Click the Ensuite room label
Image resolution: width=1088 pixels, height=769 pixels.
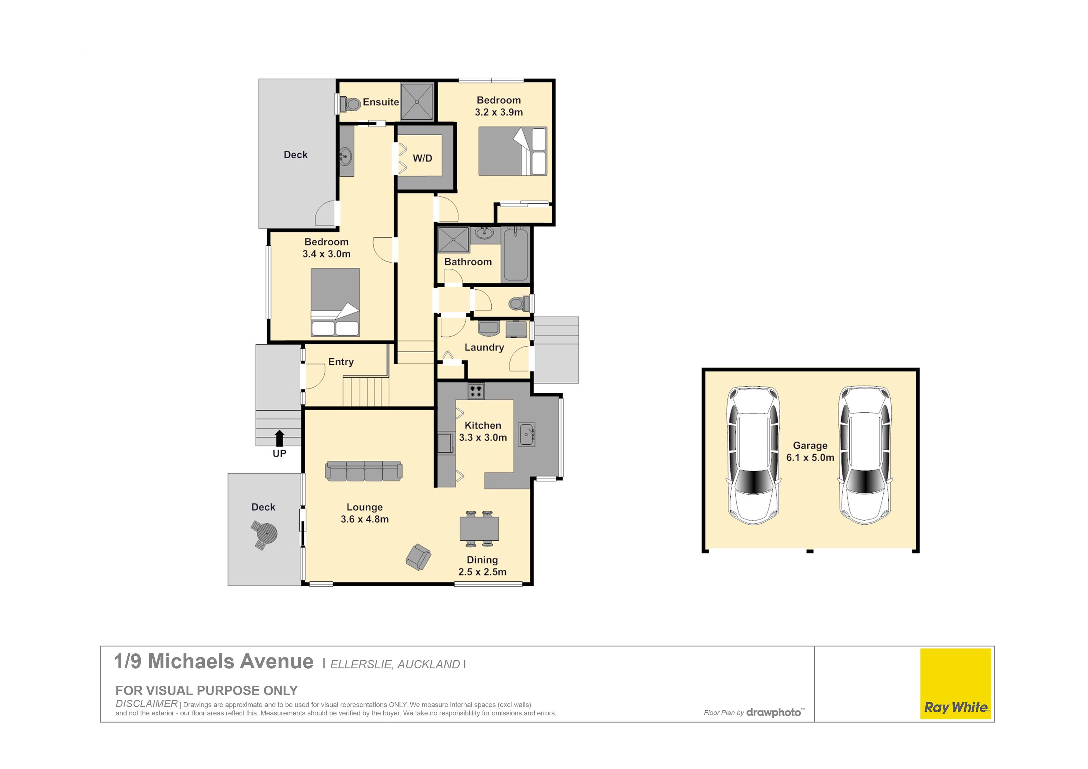coord(381,102)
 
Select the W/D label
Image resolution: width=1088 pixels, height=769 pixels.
coord(422,158)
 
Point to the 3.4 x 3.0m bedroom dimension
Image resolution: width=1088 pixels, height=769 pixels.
coord(327,254)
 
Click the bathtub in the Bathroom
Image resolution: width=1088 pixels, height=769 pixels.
coord(515,255)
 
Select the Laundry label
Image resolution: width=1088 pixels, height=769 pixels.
coord(484,347)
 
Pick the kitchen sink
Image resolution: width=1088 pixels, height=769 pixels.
coord(526,434)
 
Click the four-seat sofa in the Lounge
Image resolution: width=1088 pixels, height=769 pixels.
coord(364,471)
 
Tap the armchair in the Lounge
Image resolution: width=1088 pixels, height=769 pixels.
coord(418,557)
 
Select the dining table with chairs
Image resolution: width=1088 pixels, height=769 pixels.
coord(479,529)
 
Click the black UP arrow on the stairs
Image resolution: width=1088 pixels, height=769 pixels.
coord(279,438)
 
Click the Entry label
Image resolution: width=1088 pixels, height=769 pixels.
coord(341,362)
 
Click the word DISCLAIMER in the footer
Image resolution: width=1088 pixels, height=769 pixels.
coord(146,704)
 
